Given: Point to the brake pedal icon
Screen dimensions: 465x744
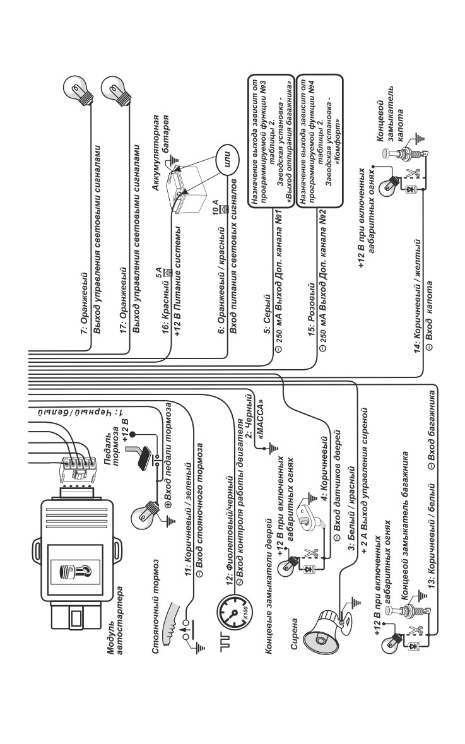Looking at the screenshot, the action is point(143,452).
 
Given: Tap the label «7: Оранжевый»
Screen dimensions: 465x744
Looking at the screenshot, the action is point(85,304).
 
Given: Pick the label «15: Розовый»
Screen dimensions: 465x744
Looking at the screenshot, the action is point(311,309).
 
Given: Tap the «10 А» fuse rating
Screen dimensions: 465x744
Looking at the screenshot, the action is point(215,207).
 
